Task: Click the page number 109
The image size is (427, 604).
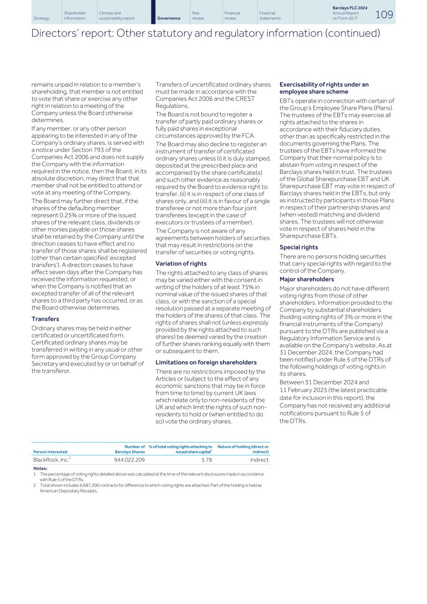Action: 384,15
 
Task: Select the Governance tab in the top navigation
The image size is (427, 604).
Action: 169,18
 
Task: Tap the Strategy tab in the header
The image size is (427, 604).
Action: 41,18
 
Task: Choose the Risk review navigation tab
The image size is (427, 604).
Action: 198,16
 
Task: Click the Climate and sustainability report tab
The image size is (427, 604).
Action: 117,16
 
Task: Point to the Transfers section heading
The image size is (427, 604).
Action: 45,319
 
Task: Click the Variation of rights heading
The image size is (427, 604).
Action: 181,263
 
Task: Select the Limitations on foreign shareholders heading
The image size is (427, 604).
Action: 206,362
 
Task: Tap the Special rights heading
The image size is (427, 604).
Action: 298,247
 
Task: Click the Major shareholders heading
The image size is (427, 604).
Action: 306,279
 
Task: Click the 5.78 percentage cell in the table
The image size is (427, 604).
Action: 206,460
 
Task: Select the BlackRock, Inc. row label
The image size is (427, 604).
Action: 51,460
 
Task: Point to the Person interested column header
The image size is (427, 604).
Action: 50,452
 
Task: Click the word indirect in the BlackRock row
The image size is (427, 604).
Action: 259,460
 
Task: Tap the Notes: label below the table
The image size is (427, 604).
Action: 40,468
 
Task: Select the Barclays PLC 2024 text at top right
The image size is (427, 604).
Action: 350,8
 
